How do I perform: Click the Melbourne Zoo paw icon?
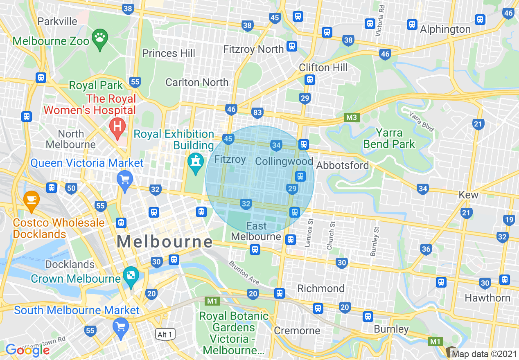[x=100, y=39]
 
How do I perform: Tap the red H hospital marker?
[x=117, y=126]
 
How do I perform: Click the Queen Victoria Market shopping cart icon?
[x=124, y=180]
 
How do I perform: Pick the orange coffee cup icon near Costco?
[x=31, y=200]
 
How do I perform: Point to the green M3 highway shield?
[x=352, y=118]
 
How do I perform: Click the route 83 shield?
[x=257, y=112]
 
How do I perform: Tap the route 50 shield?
[x=71, y=188]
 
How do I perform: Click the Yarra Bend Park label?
[x=389, y=139]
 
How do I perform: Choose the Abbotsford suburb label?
[x=343, y=165]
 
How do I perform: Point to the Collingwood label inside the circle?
[x=284, y=161]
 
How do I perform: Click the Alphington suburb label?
[x=445, y=29]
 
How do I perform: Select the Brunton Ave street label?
[x=244, y=273]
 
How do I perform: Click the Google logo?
[x=27, y=350]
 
